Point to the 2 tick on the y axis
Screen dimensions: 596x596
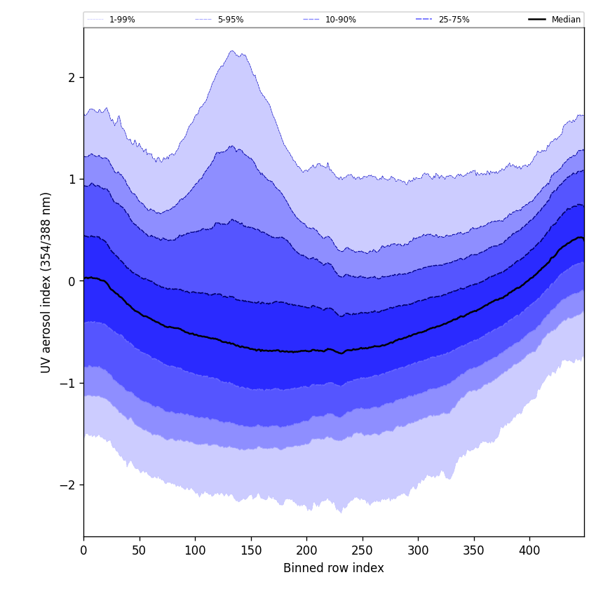point(72,77)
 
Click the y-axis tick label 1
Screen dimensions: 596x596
point(72,180)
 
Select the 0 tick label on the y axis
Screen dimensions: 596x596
point(72,281)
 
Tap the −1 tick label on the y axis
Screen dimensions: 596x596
point(68,383)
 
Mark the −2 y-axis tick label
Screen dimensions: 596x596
point(68,485)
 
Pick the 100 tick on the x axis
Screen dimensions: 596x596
point(195,550)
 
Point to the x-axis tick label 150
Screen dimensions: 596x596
point(251,550)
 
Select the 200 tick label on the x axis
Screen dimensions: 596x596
point(306,550)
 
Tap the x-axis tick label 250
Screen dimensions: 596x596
point(363,550)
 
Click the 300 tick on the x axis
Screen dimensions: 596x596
point(418,550)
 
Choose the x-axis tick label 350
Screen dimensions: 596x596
point(474,550)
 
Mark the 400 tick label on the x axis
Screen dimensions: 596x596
point(529,550)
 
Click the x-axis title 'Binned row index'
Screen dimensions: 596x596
point(334,569)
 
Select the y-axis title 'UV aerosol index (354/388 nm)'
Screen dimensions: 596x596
point(46,282)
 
